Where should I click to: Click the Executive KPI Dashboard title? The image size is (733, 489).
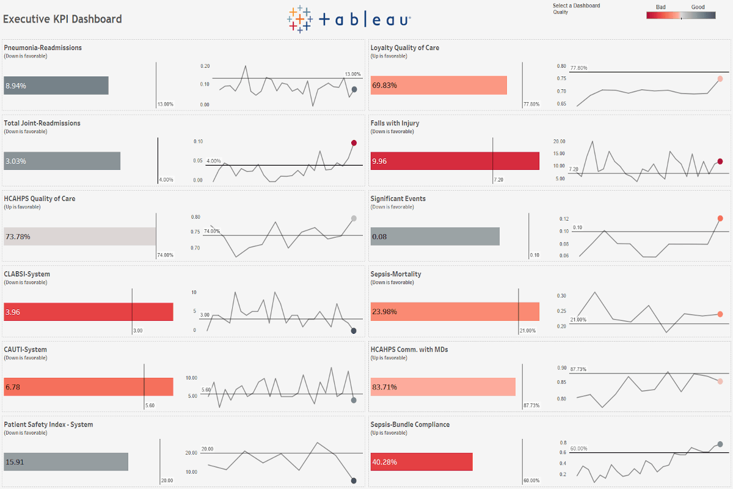62,19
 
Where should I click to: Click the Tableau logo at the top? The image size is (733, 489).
349,20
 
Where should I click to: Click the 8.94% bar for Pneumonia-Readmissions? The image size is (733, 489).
56,86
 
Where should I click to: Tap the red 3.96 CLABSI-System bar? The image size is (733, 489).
89,312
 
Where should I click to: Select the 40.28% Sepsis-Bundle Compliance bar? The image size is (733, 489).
421,461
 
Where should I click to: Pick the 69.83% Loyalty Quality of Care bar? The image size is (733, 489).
439,85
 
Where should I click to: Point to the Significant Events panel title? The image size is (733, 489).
398,199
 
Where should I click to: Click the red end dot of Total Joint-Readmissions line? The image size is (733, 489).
354,143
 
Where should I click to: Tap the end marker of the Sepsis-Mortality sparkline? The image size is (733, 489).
720,314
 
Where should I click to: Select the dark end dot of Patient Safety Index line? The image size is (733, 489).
354,480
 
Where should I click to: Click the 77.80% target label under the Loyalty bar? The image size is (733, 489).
531,104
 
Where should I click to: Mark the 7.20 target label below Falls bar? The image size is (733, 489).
498,180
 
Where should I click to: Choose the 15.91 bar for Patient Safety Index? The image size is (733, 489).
66,461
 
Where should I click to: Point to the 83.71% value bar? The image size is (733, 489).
443,387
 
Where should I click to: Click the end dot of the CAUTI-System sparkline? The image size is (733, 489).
354,400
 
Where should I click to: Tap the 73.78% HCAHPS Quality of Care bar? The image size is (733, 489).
80,237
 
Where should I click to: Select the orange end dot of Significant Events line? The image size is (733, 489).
720,218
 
